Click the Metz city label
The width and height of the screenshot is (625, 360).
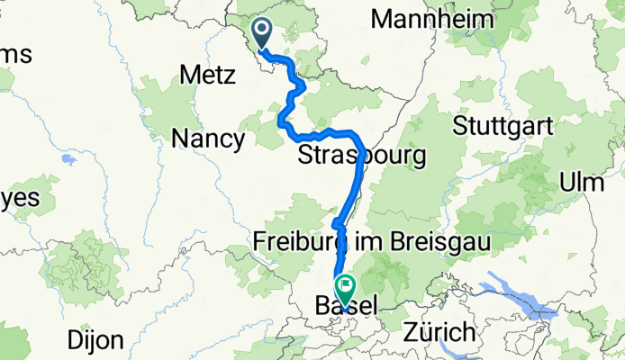click(208, 76)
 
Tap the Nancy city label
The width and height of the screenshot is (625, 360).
click(208, 139)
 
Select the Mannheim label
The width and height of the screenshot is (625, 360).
click(433, 19)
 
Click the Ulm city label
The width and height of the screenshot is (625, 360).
click(581, 182)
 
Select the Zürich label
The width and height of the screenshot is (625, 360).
click(439, 331)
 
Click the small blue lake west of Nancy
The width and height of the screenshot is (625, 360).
click(68, 160)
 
